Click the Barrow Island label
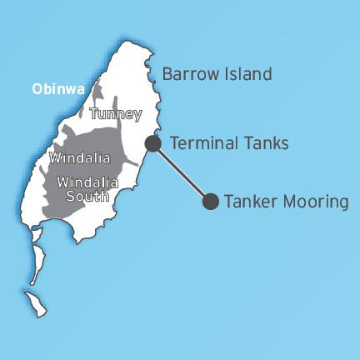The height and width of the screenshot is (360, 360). pyautogui.click(x=217, y=74)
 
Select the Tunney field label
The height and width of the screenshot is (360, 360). pyautogui.click(x=115, y=114)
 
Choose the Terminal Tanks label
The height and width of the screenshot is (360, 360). pyautogui.click(x=228, y=143)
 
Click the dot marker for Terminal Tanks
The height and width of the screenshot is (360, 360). pyautogui.click(x=152, y=143)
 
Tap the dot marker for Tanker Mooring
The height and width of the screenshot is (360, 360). pyautogui.click(x=211, y=201)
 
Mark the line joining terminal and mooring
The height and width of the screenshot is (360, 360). pyautogui.click(x=182, y=172)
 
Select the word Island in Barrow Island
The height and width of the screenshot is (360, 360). pyautogui.click(x=247, y=74)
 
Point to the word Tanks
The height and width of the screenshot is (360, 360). pyautogui.click(x=265, y=143)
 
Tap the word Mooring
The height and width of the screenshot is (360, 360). pyautogui.click(x=312, y=202)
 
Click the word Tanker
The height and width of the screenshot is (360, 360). pyautogui.click(x=250, y=201)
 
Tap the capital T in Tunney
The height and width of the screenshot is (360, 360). pyautogui.click(x=92, y=114)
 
